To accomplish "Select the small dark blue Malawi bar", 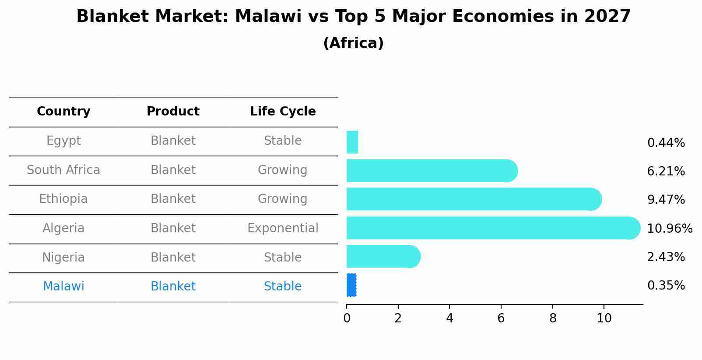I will (351, 285).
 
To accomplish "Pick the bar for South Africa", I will (432, 171).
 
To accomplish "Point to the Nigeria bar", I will (383, 256).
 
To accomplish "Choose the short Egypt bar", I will (352, 142).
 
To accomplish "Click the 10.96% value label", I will (669, 229).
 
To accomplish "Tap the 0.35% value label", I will (666, 286).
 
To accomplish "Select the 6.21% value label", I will (666, 171).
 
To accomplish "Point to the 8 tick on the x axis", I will (553, 318).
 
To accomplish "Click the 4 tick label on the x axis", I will (449, 318).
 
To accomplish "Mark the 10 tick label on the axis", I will (604, 318).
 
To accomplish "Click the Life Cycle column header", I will (283, 112).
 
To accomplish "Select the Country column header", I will (63, 112).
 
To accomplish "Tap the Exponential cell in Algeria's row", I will (283, 228).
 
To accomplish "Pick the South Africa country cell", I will (63, 170).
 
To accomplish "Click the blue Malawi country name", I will (63, 287).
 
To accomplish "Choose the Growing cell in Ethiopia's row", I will (283, 199).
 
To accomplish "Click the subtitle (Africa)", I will (353, 43).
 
